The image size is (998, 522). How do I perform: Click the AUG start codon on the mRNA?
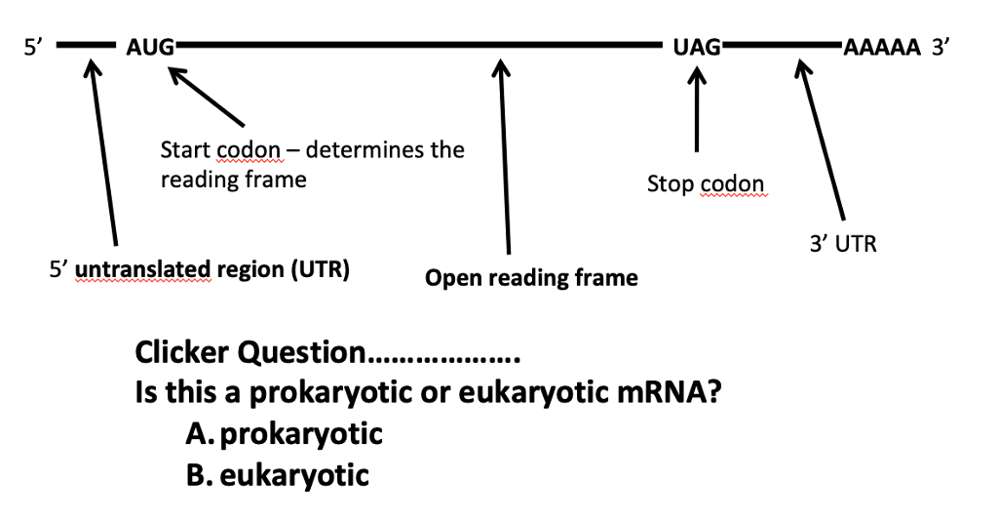coord(150,46)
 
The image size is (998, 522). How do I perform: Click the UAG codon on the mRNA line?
coord(696,46)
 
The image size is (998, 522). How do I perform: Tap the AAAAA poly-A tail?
coord(881,46)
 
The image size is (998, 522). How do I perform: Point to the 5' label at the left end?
coord(33,46)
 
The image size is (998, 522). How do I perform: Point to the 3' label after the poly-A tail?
coord(940,46)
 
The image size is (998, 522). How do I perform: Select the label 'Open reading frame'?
coord(531,279)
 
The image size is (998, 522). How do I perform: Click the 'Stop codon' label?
coord(706,183)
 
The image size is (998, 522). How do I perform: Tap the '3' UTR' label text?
coord(843,244)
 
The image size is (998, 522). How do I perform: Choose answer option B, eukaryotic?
coord(277,475)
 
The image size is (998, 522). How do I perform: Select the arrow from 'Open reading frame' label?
coord(504,156)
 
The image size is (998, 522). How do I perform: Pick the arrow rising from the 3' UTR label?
coord(822,141)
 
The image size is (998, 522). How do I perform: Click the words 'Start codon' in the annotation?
coord(220,151)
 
